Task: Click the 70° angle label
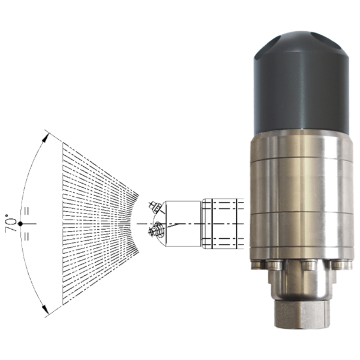click(x=11, y=223)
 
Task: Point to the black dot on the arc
click(x=20, y=223)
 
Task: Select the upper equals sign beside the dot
click(x=26, y=211)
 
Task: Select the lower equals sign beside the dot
click(x=26, y=236)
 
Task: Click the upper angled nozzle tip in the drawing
click(x=155, y=207)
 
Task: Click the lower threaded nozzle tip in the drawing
click(x=156, y=229)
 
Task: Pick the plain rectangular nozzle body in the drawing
click(x=183, y=224)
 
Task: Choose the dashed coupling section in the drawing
click(x=223, y=224)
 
